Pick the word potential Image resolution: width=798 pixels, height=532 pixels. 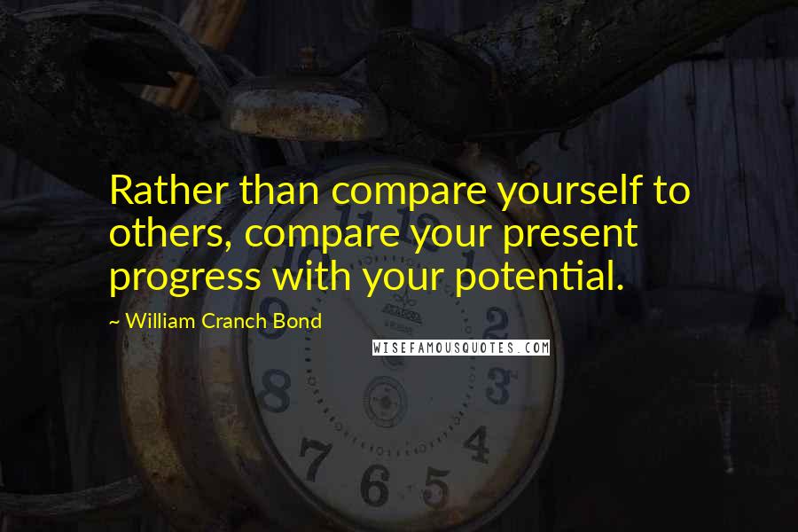coord(539,278)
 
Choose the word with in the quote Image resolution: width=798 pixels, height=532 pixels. coord(311,276)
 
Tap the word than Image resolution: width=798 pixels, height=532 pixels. coord(279,190)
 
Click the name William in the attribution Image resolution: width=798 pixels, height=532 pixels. coord(160,321)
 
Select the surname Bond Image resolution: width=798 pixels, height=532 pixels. coord(297,321)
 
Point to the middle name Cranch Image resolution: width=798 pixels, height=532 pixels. coord(235,321)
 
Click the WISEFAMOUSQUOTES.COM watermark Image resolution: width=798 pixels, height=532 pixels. coord(461,348)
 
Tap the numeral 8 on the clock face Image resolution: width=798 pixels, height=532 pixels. coord(275,390)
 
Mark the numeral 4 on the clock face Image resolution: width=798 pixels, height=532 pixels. coord(477,444)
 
